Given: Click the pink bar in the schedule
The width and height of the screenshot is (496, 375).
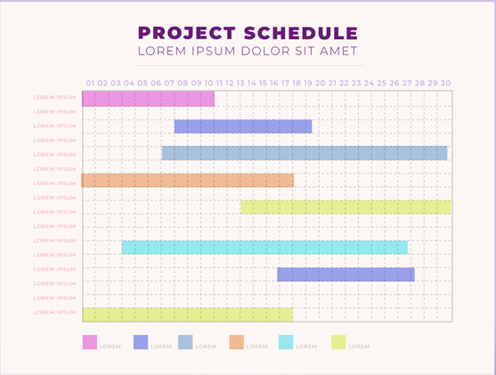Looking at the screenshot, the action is coord(149,99).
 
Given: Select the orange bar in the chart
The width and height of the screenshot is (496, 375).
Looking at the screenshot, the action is coord(188,181).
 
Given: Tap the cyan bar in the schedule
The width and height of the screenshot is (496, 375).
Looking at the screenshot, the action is coord(264,248).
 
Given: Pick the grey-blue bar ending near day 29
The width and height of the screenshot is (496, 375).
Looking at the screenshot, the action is coord(305,153).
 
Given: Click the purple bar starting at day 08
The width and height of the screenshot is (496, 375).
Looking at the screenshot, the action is coord(243,126).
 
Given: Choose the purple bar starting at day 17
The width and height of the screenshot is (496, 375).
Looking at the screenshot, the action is coord(346,274).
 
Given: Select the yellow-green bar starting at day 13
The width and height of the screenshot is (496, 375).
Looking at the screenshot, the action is coord(346,208).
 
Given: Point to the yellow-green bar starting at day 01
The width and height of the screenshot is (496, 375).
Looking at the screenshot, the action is coord(188,314).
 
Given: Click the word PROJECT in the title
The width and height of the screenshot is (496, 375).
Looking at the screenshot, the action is coord(187,33).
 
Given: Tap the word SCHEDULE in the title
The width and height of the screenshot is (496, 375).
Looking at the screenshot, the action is coord(301,33).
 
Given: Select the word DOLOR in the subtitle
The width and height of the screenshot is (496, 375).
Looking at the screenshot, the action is coord(265,51).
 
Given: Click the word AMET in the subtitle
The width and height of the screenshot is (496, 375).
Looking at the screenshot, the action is coord(338,51).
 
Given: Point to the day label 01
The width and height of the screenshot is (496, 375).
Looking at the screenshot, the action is coord(90,83).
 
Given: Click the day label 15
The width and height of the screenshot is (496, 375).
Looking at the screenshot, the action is coord(263,83).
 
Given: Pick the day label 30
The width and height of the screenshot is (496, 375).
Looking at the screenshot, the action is coord(446,83).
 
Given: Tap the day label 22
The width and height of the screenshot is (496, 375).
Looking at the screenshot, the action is coord(344,83).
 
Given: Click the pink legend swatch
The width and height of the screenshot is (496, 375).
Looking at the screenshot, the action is coord(90,342).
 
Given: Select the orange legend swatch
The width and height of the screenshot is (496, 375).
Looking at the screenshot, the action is coord(237,342).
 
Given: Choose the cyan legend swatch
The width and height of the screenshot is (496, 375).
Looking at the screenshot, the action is coord(286,342).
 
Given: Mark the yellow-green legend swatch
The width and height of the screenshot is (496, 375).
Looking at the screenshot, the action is coord(338,342).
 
